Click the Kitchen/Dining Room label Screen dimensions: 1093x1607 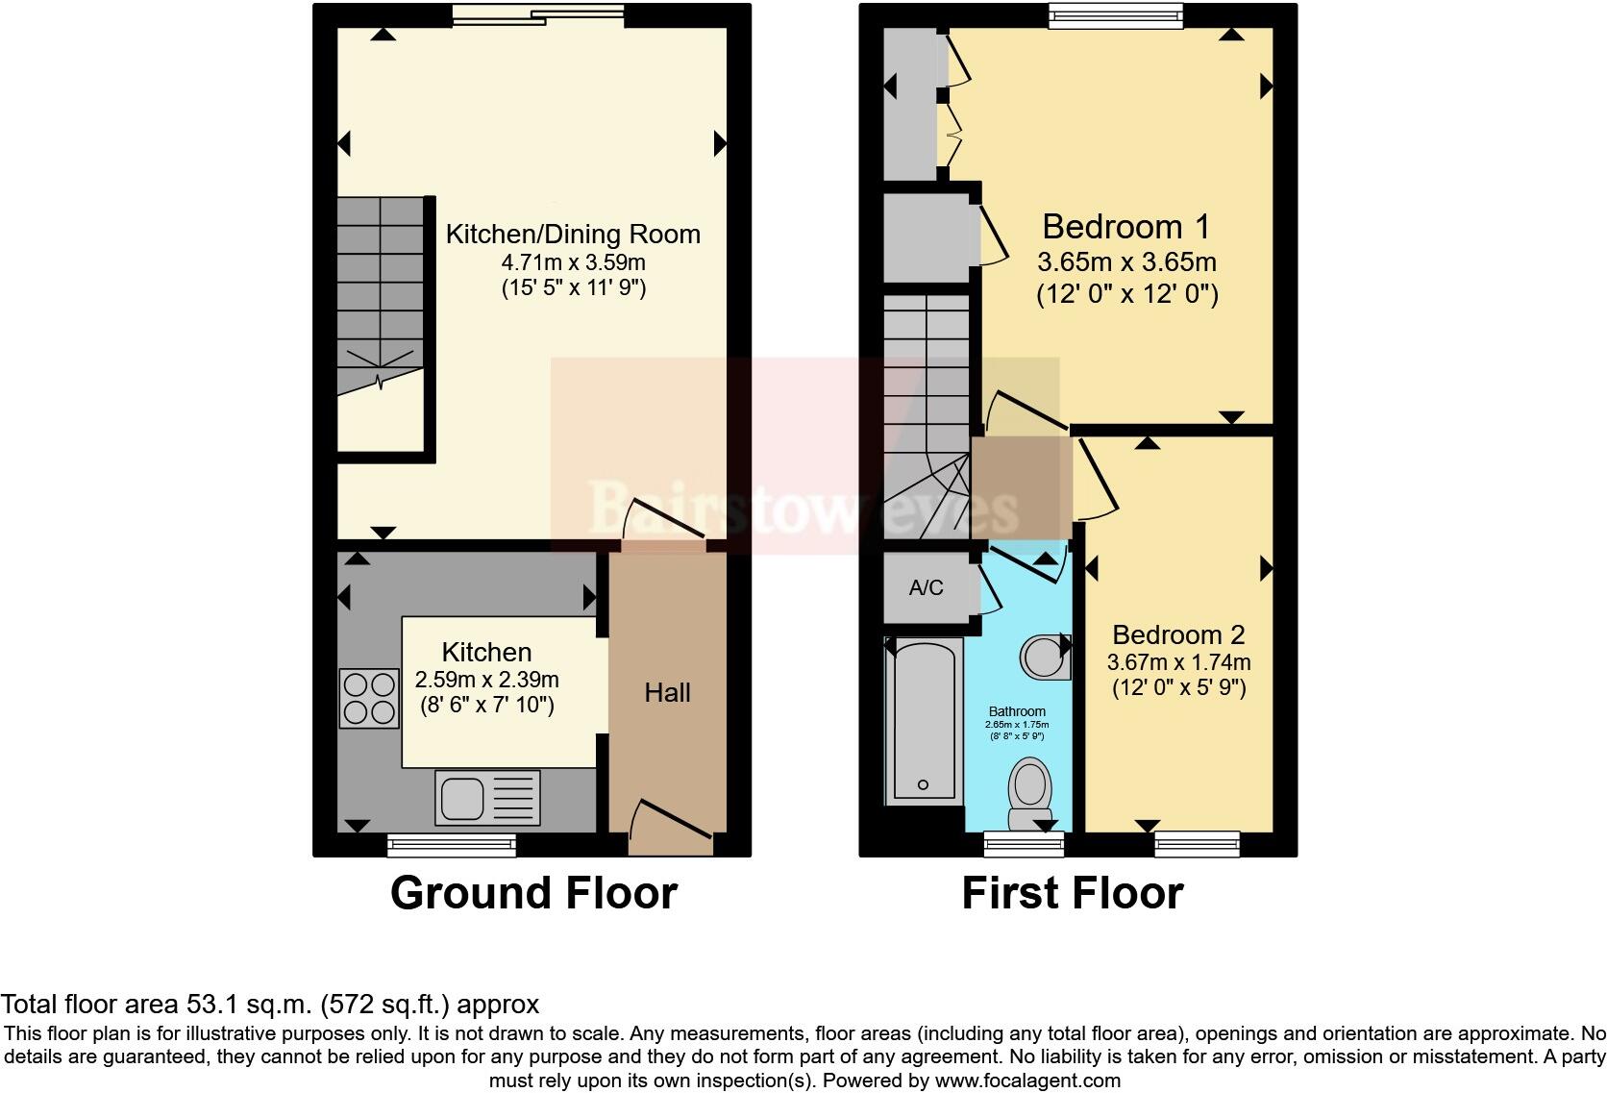pos(573,234)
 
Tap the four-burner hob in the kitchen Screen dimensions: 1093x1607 pos(369,699)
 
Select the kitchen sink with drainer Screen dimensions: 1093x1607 pos(487,798)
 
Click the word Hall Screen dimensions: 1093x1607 pos(667,693)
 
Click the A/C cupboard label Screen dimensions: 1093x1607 pos(926,587)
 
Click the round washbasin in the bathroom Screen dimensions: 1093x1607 pos(1042,658)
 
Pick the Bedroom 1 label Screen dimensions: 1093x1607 pos(1125,227)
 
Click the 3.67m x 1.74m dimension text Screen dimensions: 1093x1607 pos(1178,662)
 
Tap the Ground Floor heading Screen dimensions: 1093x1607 pos(533,893)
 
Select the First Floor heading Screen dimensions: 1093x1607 pos(1072,893)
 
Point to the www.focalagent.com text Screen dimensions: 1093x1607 pos(1026,1081)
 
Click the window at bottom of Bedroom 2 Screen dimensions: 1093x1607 pos(1197,844)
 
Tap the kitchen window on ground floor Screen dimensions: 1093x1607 pos(452,845)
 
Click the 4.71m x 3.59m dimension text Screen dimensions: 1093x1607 pos(573,262)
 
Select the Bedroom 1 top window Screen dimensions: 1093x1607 pos(1115,15)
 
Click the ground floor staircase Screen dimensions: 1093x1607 pos(381,288)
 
